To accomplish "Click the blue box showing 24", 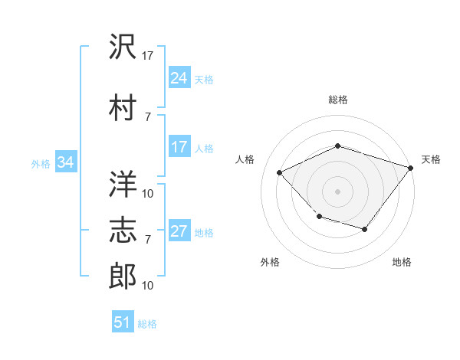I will pos(179,77).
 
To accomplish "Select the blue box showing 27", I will pos(179,232).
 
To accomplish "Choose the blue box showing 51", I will pos(123,322).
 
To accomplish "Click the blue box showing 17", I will pos(179,147).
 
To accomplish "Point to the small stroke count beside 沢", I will pos(148,56).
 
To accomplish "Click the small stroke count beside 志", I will pos(148,240).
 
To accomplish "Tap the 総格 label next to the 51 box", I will pos(147,324).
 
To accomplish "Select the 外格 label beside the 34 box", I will pos(41,163).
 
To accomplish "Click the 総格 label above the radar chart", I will pos(338,100).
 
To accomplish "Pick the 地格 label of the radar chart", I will pos(402,263).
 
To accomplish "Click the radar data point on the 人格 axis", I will pos(280,173).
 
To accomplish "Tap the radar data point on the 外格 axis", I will pos(319,217).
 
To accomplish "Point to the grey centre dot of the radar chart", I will pos(338,191).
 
